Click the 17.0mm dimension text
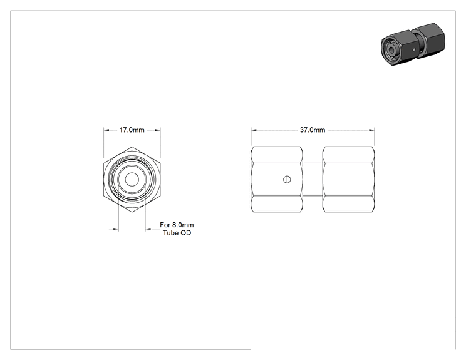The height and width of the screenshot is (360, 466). click(x=132, y=130)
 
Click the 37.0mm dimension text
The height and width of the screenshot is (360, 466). click(x=313, y=130)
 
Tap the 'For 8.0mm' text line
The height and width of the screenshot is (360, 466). click(x=177, y=225)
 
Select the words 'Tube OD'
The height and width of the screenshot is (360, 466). click(x=177, y=233)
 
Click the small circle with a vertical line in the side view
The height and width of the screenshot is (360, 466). click(x=287, y=180)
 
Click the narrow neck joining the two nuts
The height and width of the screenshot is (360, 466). click(x=313, y=180)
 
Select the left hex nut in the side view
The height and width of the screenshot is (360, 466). click(x=277, y=180)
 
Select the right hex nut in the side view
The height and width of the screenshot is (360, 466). click(x=348, y=180)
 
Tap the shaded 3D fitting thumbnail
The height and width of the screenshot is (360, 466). click(x=413, y=44)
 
